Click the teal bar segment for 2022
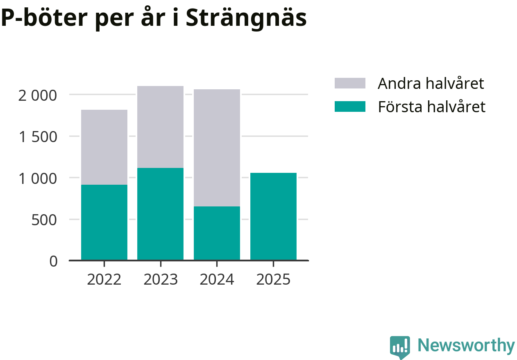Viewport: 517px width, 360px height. coord(104,222)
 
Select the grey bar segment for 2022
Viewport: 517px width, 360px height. coord(104,147)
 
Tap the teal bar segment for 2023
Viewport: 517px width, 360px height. coord(160,214)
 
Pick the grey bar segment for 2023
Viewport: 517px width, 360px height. coord(160,127)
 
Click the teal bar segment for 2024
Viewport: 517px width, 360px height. coord(217,233)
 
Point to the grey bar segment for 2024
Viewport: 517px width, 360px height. coord(217,148)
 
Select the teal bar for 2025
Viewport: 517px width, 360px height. coord(273,216)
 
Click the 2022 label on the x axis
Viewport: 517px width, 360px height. coord(104,280)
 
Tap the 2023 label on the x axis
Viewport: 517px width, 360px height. coord(161,280)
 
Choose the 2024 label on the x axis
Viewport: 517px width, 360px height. coord(217,280)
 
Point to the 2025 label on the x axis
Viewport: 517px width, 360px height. coord(273,280)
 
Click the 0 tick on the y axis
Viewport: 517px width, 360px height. coord(54,261)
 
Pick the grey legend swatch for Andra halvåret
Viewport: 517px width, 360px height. coord(350,83)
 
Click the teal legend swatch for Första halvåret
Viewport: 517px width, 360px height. coord(350,106)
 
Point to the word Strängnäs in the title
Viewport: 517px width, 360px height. coord(246,18)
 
